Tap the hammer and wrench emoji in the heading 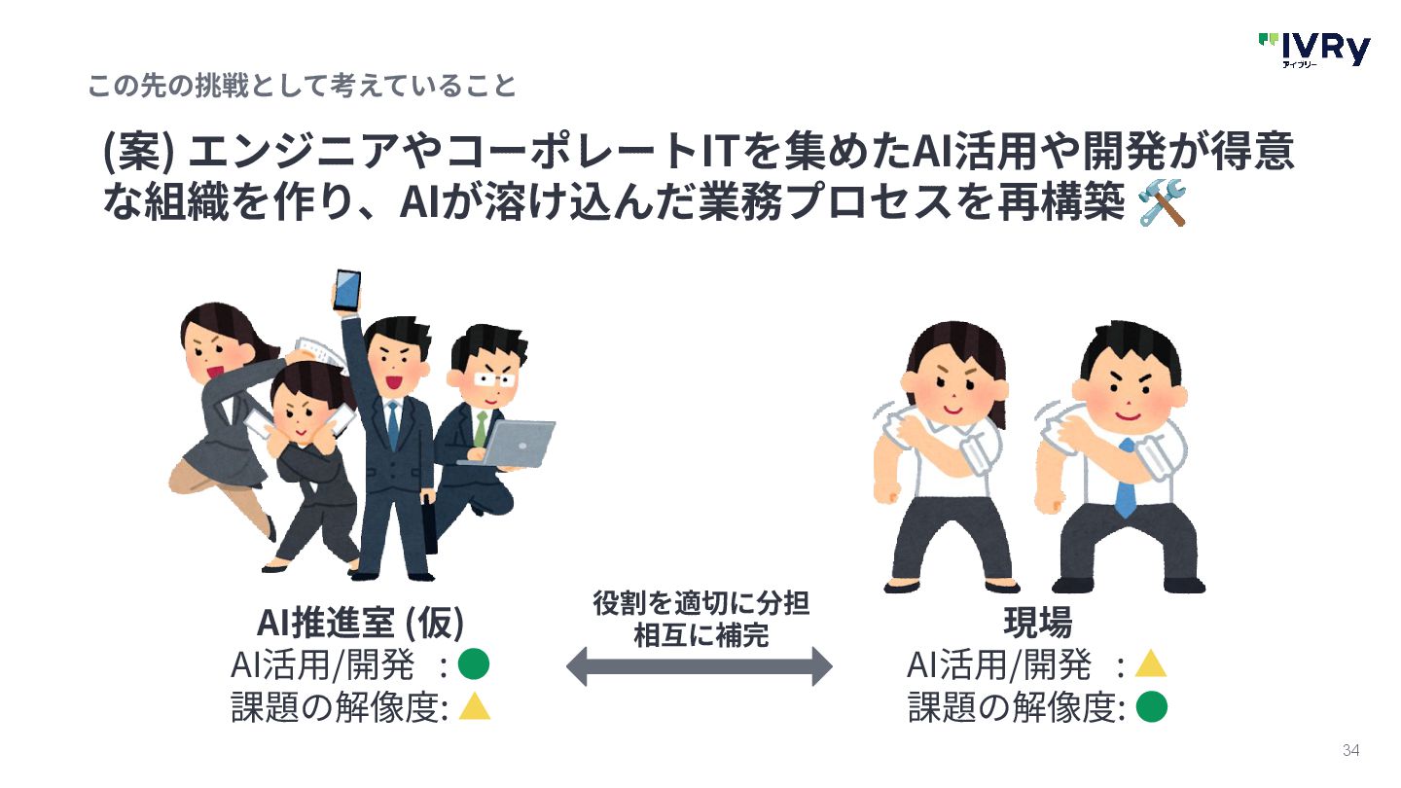(x=1162, y=203)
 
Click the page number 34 (x=1350, y=750)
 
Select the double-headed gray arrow (x=699, y=666)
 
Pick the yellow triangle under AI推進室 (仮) (x=474, y=705)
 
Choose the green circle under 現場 (x=1151, y=706)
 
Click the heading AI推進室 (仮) (x=360, y=621)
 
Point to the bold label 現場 (x=1037, y=621)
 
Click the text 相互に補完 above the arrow (x=700, y=636)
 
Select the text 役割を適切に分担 (x=700, y=604)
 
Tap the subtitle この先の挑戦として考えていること (x=302, y=86)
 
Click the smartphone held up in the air (x=346, y=289)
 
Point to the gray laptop (x=520, y=443)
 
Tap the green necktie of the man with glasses (x=481, y=428)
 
